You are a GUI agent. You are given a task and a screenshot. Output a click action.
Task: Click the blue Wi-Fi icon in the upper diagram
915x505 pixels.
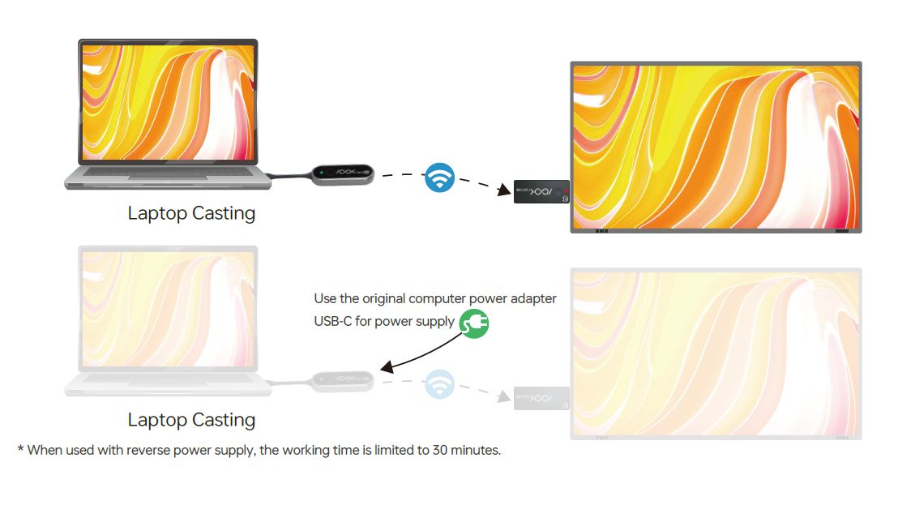(x=439, y=177)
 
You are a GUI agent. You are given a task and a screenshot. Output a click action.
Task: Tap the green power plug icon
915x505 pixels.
(x=474, y=323)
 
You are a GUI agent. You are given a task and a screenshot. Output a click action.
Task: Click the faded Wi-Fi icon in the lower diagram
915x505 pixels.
(x=439, y=383)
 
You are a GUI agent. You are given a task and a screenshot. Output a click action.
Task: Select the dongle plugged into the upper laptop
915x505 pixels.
(x=343, y=174)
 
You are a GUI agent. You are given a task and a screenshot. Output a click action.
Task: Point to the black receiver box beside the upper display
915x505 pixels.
(x=541, y=191)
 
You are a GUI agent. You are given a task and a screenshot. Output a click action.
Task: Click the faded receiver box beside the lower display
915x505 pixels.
(x=541, y=398)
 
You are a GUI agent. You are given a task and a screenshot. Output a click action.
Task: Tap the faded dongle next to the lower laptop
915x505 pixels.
(x=343, y=381)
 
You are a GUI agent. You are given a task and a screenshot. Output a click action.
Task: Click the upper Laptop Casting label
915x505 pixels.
(x=191, y=213)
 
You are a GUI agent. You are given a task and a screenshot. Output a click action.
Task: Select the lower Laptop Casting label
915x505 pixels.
(x=191, y=420)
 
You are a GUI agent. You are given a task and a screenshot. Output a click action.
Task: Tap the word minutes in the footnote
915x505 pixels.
(x=477, y=450)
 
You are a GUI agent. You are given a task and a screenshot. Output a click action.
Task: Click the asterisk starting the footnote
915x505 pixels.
(x=20, y=449)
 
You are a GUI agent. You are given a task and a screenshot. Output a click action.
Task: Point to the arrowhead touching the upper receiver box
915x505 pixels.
(x=504, y=190)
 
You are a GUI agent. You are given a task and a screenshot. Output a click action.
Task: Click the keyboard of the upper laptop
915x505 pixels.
(x=168, y=172)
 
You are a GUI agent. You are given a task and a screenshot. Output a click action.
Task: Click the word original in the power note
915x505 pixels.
(x=384, y=299)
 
